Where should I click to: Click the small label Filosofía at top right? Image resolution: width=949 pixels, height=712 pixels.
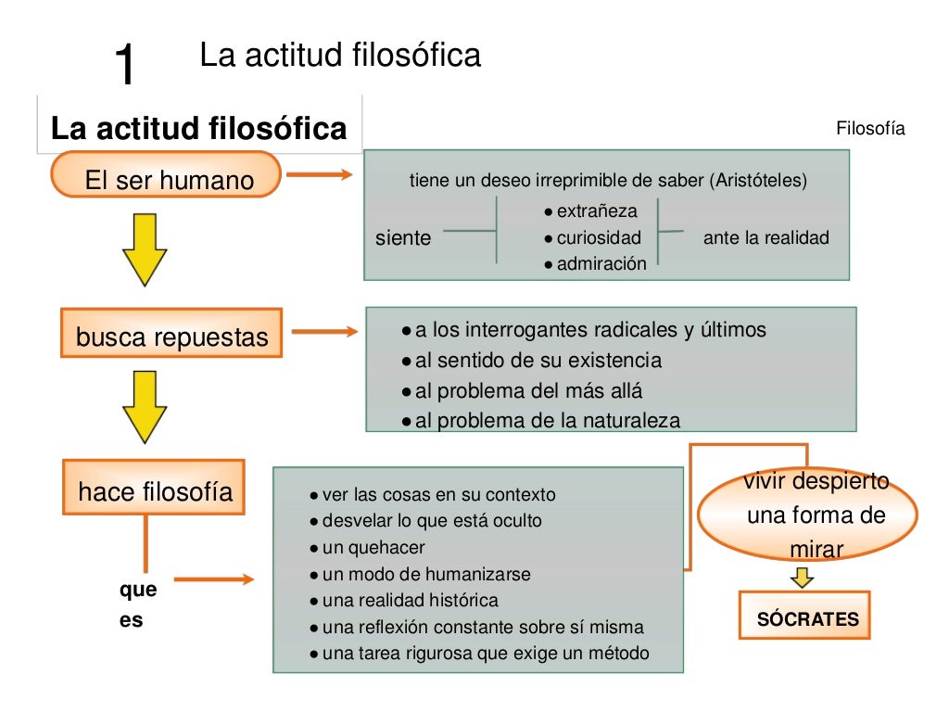tap(869, 129)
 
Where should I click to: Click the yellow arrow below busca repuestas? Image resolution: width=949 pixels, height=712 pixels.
tap(144, 406)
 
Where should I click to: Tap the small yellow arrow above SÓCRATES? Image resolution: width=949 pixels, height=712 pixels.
tap(803, 578)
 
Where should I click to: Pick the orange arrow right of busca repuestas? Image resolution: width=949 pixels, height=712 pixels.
tap(323, 332)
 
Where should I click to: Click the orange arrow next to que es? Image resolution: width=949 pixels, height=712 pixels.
tap(213, 579)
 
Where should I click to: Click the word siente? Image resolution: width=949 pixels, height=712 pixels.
tap(403, 238)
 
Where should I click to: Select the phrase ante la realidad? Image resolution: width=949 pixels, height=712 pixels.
tap(766, 238)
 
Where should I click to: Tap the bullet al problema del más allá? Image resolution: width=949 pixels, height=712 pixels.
tap(528, 390)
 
